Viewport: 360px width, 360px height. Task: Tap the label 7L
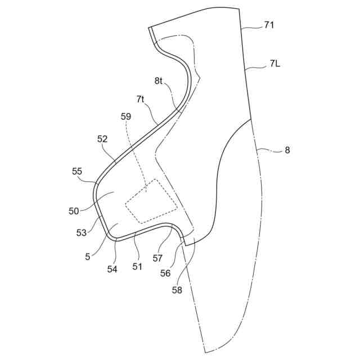point(274,64)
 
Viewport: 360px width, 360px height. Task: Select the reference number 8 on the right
point(287,150)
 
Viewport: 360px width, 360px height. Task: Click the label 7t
point(141,100)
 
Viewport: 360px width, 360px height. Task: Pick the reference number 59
point(126,116)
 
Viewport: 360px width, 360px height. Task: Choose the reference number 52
point(102,138)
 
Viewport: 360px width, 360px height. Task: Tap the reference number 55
point(78,171)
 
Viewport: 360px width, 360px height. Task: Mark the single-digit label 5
point(88,257)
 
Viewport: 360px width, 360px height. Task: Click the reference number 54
point(112,269)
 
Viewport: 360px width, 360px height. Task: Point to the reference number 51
point(137,267)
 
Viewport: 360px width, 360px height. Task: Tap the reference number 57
point(157,258)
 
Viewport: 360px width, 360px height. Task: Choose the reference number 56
point(165,273)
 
